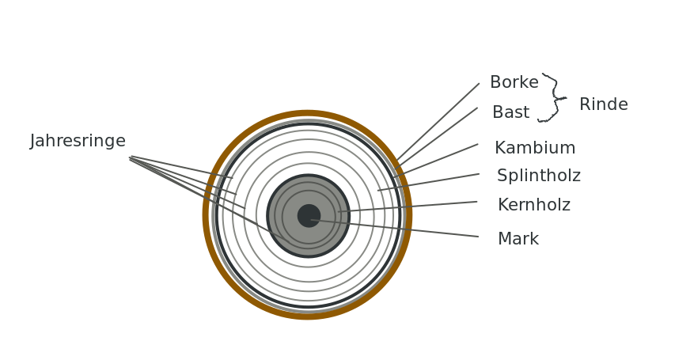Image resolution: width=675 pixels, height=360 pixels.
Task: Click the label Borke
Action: (x=514, y=81)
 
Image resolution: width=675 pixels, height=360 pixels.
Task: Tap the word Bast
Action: (x=510, y=112)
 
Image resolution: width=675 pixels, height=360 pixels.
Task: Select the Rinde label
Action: (x=604, y=104)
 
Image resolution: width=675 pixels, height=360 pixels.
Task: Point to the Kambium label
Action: (x=535, y=148)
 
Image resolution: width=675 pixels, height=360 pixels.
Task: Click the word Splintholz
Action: (x=539, y=176)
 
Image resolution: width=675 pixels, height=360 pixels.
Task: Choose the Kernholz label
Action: (x=534, y=205)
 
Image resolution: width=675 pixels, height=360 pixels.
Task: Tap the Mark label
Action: (x=518, y=239)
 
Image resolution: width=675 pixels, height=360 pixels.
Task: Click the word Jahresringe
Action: (x=78, y=141)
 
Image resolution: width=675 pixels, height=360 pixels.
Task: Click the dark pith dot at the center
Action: (x=309, y=216)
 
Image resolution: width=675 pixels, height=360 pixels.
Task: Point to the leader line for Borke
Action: (x=438, y=122)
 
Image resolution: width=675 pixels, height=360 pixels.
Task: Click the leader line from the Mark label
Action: (x=394, y=228)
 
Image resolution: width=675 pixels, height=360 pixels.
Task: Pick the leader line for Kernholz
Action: (x=408, y=207)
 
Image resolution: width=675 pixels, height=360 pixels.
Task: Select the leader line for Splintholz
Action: (x=428, y=182)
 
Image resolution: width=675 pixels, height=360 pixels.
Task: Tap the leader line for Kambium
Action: (x=436, y=161)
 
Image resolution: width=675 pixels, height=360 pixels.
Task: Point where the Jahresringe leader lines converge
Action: (x=130, y=158)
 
